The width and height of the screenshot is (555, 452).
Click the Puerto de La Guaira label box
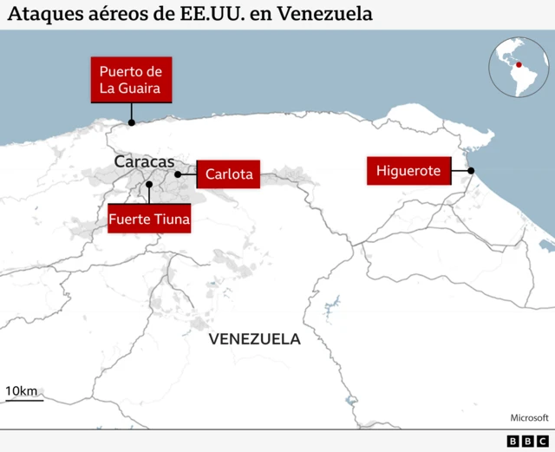point(130,79)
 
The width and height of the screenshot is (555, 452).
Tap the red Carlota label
point(229,174)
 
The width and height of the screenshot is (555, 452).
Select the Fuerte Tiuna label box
point(149,219)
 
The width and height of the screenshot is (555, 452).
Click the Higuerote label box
point(408,171)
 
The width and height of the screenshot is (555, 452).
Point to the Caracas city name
point(144,162)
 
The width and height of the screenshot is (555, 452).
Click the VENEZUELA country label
point(255,339)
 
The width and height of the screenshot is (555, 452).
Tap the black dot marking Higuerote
point(471,172)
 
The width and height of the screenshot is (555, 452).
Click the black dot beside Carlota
point(178,174)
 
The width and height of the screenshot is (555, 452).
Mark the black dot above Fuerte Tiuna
point(149,184)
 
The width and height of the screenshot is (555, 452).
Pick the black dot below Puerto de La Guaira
point(131,122)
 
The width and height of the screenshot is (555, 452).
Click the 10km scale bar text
point(21,391)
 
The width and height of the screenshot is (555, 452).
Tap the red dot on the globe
point(519,64)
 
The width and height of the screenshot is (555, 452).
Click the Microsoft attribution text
point(529,417)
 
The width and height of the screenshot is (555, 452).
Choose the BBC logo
point(528,442)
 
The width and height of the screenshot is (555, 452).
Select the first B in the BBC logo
point(513,442)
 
